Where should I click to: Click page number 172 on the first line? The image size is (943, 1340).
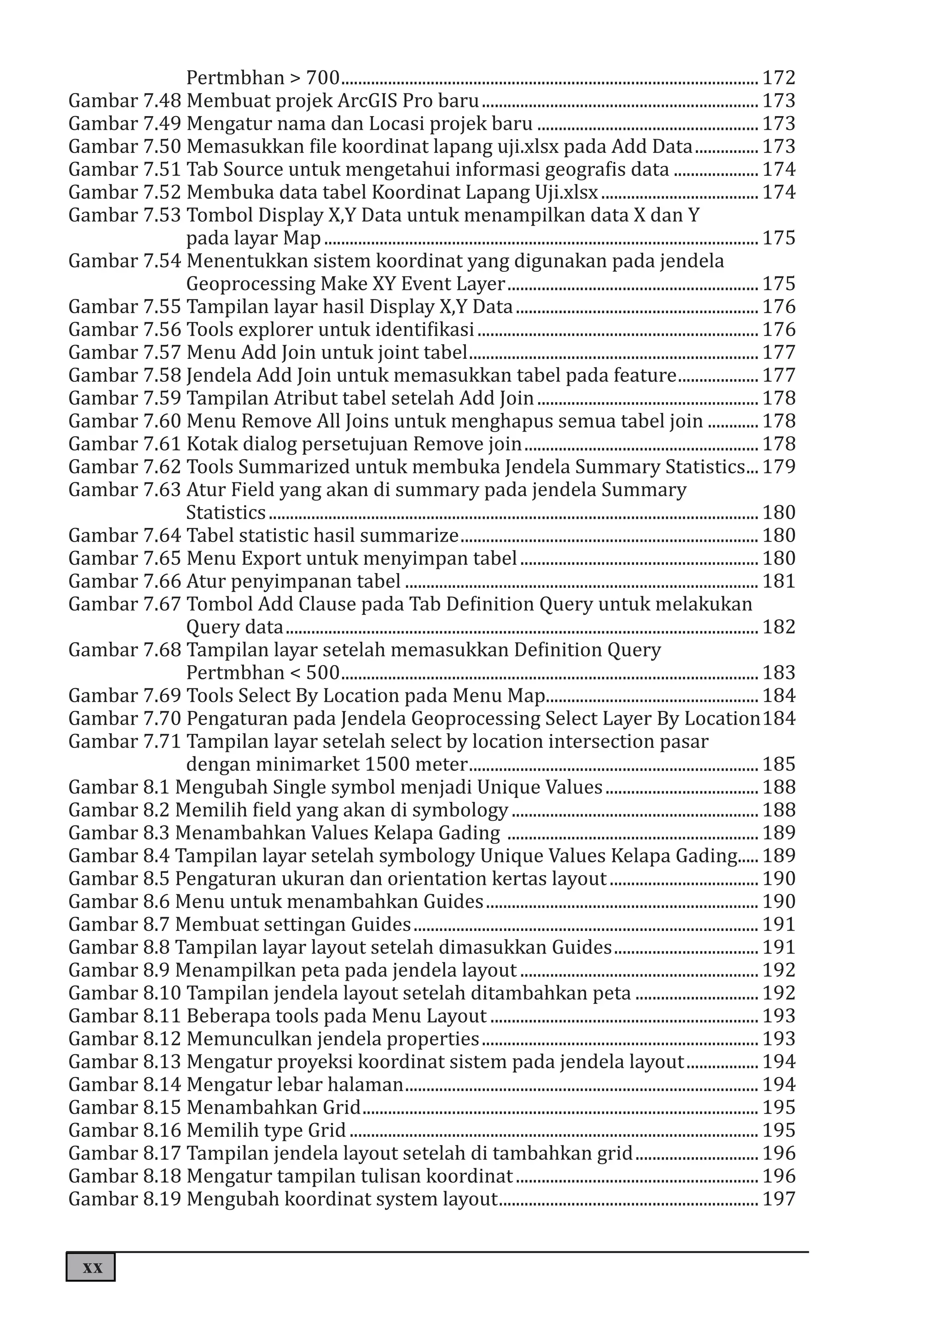tap(779, 78)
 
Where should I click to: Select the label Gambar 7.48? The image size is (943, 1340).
tap(125, 101)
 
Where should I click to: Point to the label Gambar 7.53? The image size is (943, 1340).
tap(125, 216)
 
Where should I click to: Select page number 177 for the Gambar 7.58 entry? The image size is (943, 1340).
tap(779, 375)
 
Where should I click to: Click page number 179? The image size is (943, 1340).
tap(779, 467)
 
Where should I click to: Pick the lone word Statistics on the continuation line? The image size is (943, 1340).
tap(225, 512)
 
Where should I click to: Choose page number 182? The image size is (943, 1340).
tap(779, 627)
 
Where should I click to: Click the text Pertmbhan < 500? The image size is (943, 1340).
tap(262, 673)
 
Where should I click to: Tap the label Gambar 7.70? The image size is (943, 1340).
tap(125, 719)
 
